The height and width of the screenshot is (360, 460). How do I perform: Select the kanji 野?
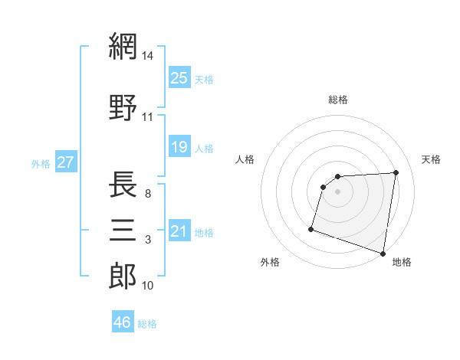(123, 107)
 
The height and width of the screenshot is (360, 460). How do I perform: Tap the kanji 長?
(123, 184)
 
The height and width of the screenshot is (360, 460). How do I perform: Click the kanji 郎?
(123, 276)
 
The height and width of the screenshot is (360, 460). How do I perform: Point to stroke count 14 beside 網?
(148, 56)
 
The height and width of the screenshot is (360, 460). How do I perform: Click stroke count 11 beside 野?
(148, 117)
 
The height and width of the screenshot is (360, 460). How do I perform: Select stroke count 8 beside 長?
(147, 194)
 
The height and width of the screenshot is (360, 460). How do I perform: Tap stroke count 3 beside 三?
(147, 240)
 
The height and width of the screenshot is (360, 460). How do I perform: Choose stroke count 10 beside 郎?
(148, 286)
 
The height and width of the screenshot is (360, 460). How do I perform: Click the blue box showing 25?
(179, 77)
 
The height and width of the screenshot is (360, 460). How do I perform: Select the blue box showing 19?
(179, 146)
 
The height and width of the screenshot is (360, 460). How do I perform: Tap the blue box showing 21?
(179, 231)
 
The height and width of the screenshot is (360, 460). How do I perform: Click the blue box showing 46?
(123, 322)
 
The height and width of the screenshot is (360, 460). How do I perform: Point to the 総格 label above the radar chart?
(338, 100)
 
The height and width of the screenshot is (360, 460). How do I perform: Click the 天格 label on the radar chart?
(432, 159)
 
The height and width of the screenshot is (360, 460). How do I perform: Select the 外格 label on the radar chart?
(270, 262)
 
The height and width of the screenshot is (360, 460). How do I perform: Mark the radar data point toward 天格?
(396, 172)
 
